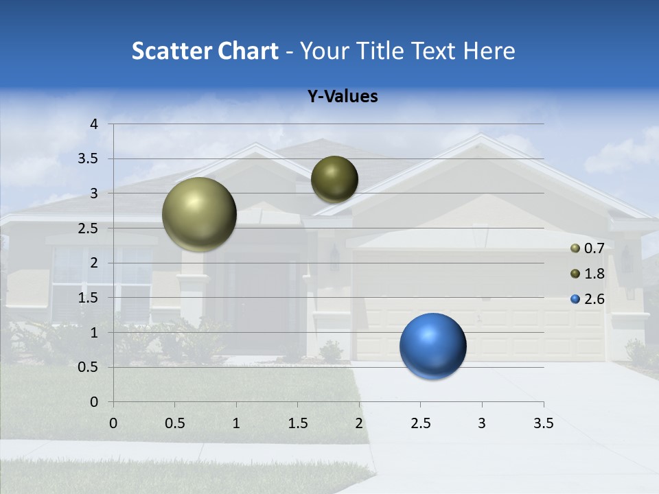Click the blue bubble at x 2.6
tap(432, 346)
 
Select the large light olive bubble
tap(199, 214)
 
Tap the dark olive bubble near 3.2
tap(334, 179)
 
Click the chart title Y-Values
tap(342, 97)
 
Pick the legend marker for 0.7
tap(575, 248)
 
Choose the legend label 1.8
tap(594, 274)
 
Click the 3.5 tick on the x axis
tap(543, 423)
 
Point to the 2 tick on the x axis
tap(359, 423)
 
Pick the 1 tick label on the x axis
tap(236, 423)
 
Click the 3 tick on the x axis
tap(482, 423)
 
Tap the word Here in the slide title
tap(488, 51)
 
